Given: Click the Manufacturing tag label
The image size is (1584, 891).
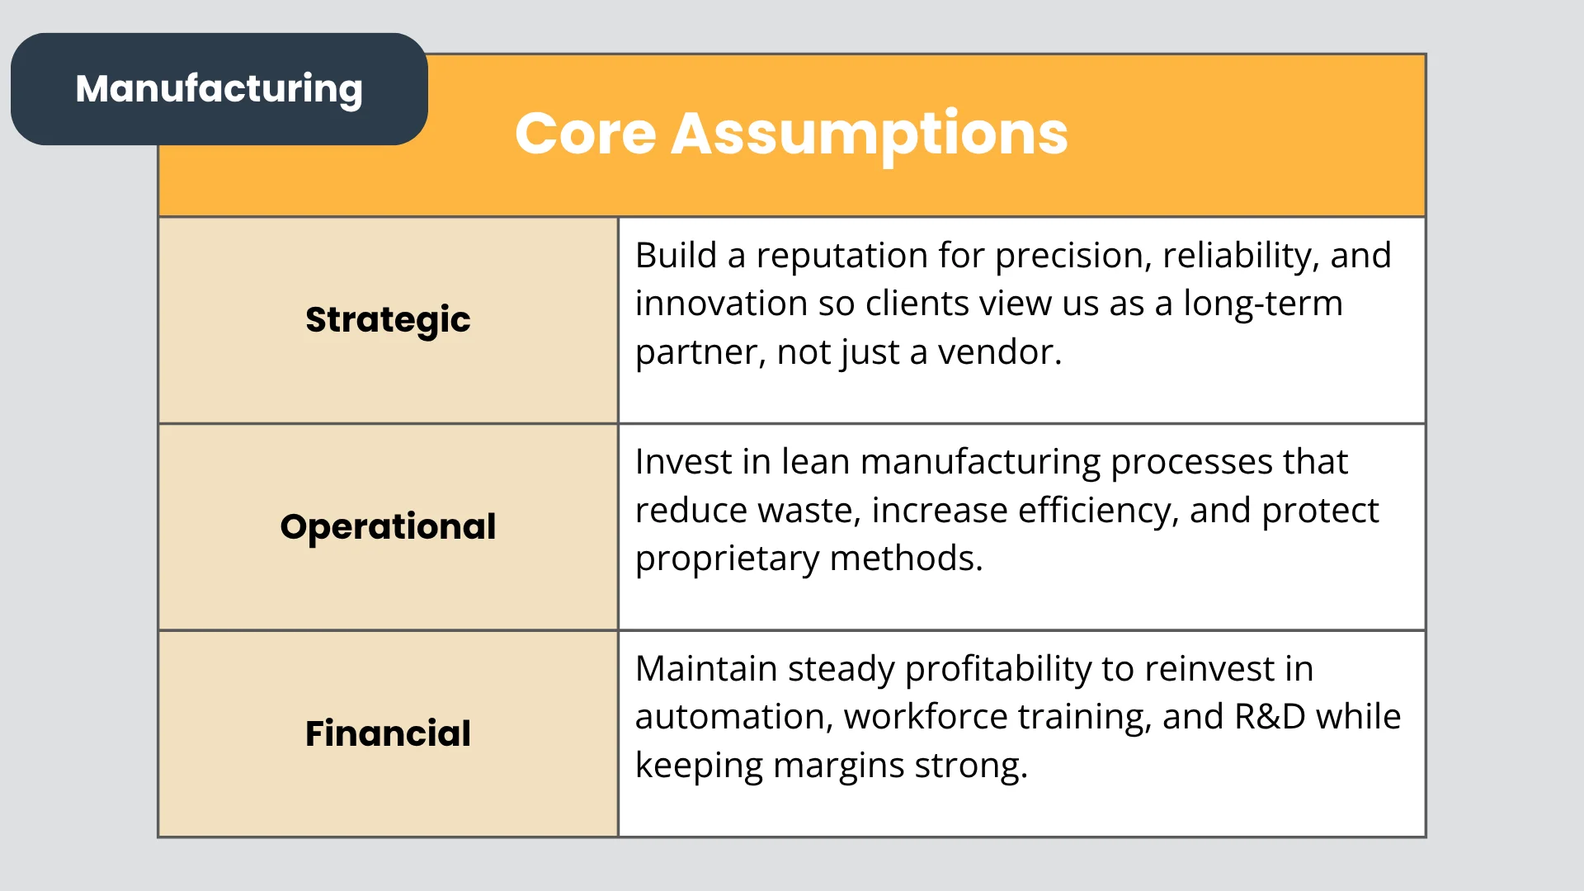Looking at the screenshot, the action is tap(219, 89).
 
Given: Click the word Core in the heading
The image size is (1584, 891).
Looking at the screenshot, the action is tap(586, 134).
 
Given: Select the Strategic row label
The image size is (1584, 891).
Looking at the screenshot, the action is tap(388, 320).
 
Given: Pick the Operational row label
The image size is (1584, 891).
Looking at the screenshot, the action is tap(388, 527).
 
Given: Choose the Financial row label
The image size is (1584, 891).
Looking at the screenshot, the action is tap(388, 733).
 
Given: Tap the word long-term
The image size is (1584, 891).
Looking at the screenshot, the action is tap(1263, 304).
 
